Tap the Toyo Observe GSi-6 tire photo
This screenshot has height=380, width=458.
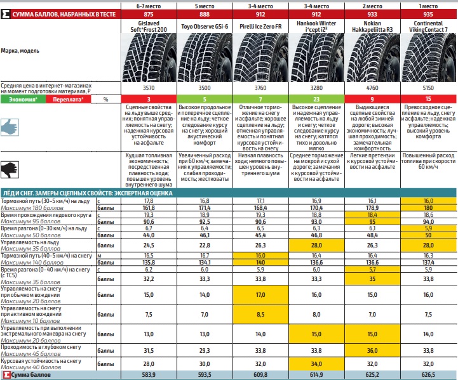tap(205, 57)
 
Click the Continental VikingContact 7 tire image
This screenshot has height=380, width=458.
tap(429, 57)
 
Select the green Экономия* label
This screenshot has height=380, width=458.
tap(23, 100)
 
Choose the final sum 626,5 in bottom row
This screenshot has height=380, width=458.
tap(429, 375)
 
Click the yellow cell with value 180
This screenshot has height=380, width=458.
tap(429, 207)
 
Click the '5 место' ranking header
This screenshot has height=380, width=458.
tap(205, 5)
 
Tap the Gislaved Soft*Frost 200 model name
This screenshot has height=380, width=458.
tap(149, 25)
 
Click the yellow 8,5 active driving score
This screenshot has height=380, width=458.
tap(261, 313)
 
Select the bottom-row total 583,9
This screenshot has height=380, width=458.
tap(149, 375)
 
